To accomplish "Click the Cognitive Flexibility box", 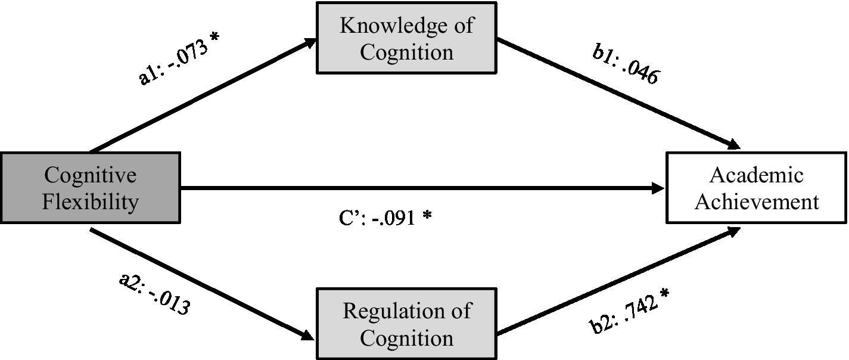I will pos(90,188).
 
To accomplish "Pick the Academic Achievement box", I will pos(757,188).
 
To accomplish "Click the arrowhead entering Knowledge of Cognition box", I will pos(309,41).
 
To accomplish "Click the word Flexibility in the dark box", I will pos(90,201).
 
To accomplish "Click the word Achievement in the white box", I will pos(757,201).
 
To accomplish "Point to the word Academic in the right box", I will pos(757,175).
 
